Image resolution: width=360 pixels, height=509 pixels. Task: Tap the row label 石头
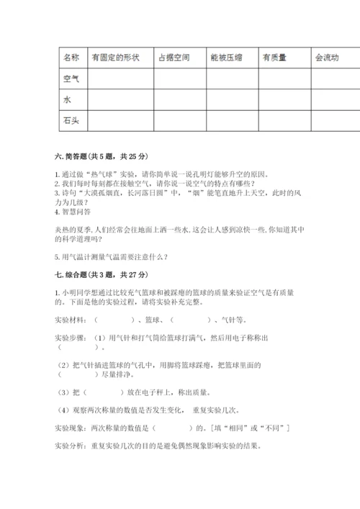pos(71,121)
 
